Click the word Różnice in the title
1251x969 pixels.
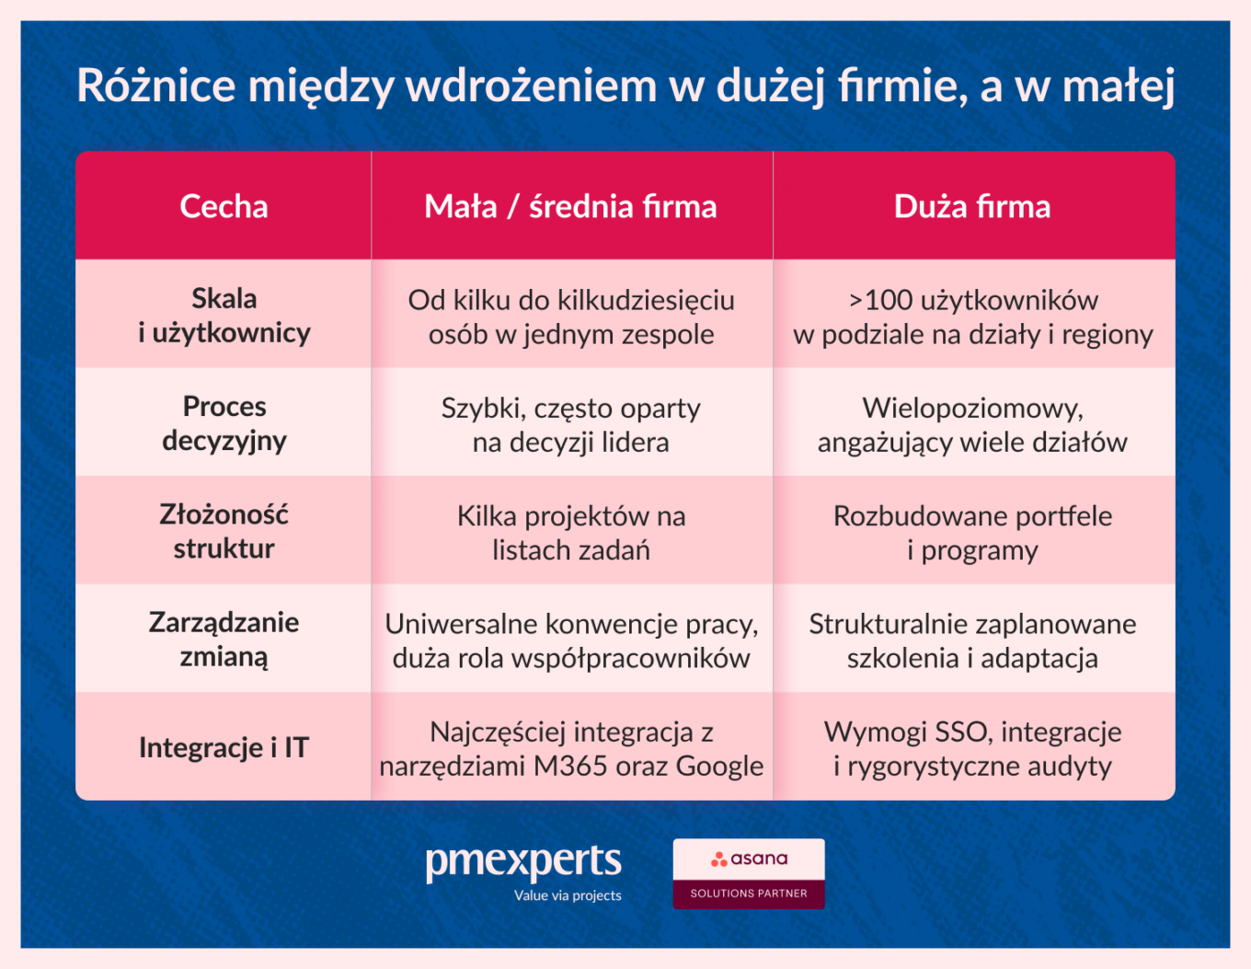click(x=156, y=86)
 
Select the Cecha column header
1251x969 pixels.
click(x=224, y=206)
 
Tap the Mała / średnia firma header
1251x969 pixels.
click(x=570, y=206)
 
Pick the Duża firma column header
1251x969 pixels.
click(x=972, y=206)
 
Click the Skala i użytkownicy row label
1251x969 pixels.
click(x=224, y=316)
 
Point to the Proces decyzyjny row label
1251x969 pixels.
click(x=224, y=423)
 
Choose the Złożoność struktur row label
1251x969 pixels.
click(x=224, y=531)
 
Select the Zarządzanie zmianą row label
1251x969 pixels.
click(x=224, y=639)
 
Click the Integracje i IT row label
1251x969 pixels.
click(x=224, y=747)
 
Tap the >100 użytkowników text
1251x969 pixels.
click(x=973, y=300)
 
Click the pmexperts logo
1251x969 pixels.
click(x=523, y=862)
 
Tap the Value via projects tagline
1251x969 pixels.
click(x=568, y=895)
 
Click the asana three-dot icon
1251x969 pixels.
click(x=719, y=859)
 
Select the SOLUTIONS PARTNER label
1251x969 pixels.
click(x=749, y=894)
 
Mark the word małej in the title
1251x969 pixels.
click(x=1118, y=86)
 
